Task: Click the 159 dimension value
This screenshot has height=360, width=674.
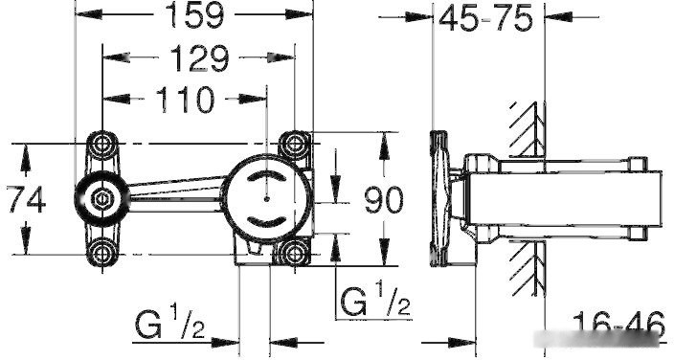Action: point(194,15)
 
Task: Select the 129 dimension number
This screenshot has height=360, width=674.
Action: point(199,58)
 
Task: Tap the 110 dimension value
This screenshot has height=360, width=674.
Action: point(185,100)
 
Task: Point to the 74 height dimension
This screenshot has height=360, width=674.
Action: point(27,199)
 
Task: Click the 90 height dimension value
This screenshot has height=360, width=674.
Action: point(384,200)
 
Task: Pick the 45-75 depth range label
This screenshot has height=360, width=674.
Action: point(485,18)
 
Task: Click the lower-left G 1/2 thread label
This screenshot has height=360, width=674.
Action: point(170,322)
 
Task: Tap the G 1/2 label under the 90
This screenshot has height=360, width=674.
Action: point(375,298)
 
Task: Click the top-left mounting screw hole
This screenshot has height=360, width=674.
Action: point(102,144)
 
